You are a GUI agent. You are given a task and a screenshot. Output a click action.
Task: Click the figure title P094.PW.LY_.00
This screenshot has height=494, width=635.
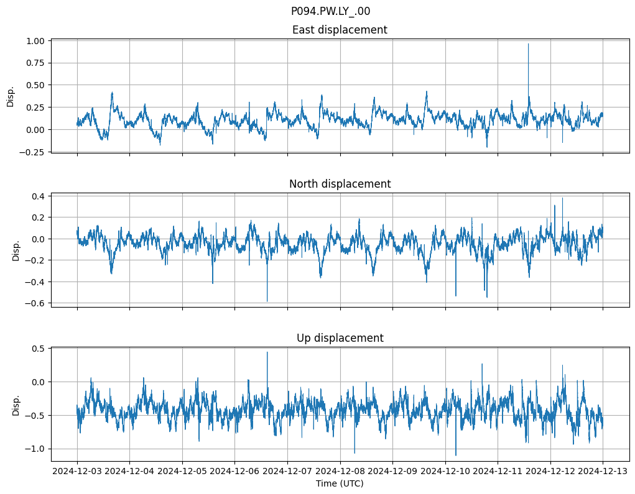tap(330, 11)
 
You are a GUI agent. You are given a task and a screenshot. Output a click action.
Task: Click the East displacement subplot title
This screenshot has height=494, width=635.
tap(340, 30)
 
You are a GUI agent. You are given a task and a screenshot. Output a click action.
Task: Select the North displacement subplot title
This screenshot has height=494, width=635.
tap(340, 184)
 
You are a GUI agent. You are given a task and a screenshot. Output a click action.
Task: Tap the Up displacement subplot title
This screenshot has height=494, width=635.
tap(340, 338)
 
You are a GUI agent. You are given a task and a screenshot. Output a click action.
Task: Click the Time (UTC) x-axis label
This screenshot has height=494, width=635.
tap(340, 483)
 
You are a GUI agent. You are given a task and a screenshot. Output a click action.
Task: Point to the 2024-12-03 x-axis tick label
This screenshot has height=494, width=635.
tap(77, 471)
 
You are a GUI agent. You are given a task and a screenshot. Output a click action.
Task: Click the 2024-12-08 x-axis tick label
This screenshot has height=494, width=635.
tap(340, 471)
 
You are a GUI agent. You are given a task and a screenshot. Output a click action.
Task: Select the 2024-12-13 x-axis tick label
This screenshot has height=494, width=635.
tap(602, 471)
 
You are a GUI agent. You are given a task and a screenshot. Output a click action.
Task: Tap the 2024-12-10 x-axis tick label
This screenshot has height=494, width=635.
tap(445, 471)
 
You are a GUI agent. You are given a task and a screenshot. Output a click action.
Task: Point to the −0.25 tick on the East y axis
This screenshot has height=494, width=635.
tap(32, 152)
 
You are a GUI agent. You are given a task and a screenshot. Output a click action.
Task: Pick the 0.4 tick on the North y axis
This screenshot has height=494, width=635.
tap(38, 196)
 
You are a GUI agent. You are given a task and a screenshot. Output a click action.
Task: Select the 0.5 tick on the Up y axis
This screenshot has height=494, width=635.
tap(38, 349)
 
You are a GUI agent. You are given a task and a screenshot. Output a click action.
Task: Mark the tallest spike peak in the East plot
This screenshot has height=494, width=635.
tap(528, 43)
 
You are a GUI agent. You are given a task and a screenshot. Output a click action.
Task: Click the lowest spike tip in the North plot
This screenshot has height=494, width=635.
tap(267, 301)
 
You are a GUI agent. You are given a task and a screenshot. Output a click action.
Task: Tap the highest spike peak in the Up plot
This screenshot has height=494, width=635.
tap(267, 352)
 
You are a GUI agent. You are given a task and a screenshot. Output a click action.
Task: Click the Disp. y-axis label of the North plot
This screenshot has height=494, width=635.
tap(16, 250)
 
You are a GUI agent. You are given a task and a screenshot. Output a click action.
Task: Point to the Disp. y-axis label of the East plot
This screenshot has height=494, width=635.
tap(11, 96)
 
